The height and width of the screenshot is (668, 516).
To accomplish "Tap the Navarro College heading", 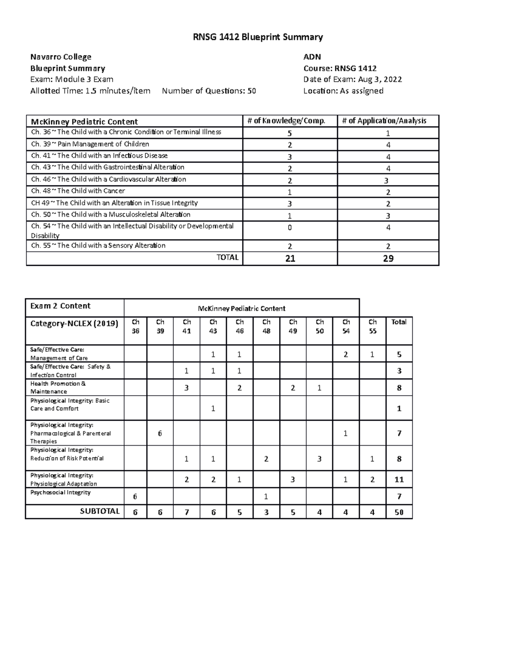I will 61,57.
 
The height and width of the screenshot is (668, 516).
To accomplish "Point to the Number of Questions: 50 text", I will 209,91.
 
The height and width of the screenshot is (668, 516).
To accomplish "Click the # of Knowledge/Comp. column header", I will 286,121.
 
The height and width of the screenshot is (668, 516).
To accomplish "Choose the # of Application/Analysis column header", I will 384,121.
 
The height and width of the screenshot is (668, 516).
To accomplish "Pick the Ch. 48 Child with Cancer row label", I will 78,191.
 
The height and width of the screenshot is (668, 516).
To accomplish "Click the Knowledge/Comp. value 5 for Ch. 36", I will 289,133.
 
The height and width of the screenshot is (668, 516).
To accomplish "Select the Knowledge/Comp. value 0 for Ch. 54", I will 289,228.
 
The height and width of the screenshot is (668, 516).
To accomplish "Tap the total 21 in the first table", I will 290,259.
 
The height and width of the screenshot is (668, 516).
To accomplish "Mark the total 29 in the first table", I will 388,259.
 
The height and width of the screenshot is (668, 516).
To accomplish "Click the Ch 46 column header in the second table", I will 240,326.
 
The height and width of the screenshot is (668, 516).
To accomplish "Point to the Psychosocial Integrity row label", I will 60,493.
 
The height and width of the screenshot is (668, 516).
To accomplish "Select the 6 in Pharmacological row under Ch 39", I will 160,433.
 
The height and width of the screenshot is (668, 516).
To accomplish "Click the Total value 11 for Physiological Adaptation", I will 399,480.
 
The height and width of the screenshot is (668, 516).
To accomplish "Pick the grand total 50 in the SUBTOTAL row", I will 399,512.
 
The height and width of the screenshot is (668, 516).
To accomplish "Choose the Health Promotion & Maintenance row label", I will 58,388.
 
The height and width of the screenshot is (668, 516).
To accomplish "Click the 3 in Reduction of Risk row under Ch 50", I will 319,459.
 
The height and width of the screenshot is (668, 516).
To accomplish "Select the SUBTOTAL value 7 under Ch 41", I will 186,512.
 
